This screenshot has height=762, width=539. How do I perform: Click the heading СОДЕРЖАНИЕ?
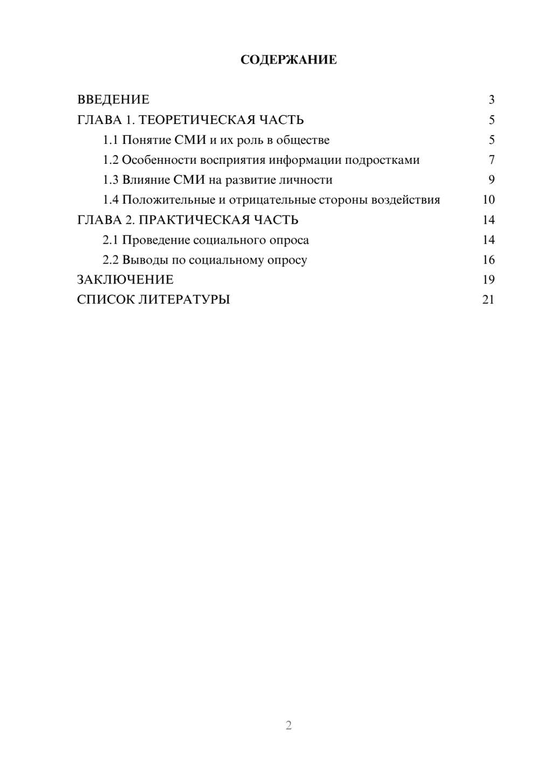click(288, 60)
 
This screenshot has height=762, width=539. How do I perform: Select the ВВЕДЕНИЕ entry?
click(113, 100)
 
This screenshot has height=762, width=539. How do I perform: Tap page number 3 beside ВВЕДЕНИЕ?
click(491, 100)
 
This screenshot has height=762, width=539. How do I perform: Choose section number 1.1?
click(110, 140)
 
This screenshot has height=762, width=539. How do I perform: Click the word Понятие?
click(147, 140)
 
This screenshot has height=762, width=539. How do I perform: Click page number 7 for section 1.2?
click(491, 160)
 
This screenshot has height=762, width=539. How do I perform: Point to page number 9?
click(491, 180)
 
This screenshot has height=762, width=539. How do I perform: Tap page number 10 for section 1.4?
click(488, 200)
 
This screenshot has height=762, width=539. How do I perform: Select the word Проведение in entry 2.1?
click(156, 240)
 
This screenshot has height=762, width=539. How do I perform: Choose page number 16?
click(488, 260)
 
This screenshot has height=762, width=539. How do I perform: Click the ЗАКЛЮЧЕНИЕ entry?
click(125, 280)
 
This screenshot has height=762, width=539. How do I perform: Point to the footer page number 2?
click(288, 725)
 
